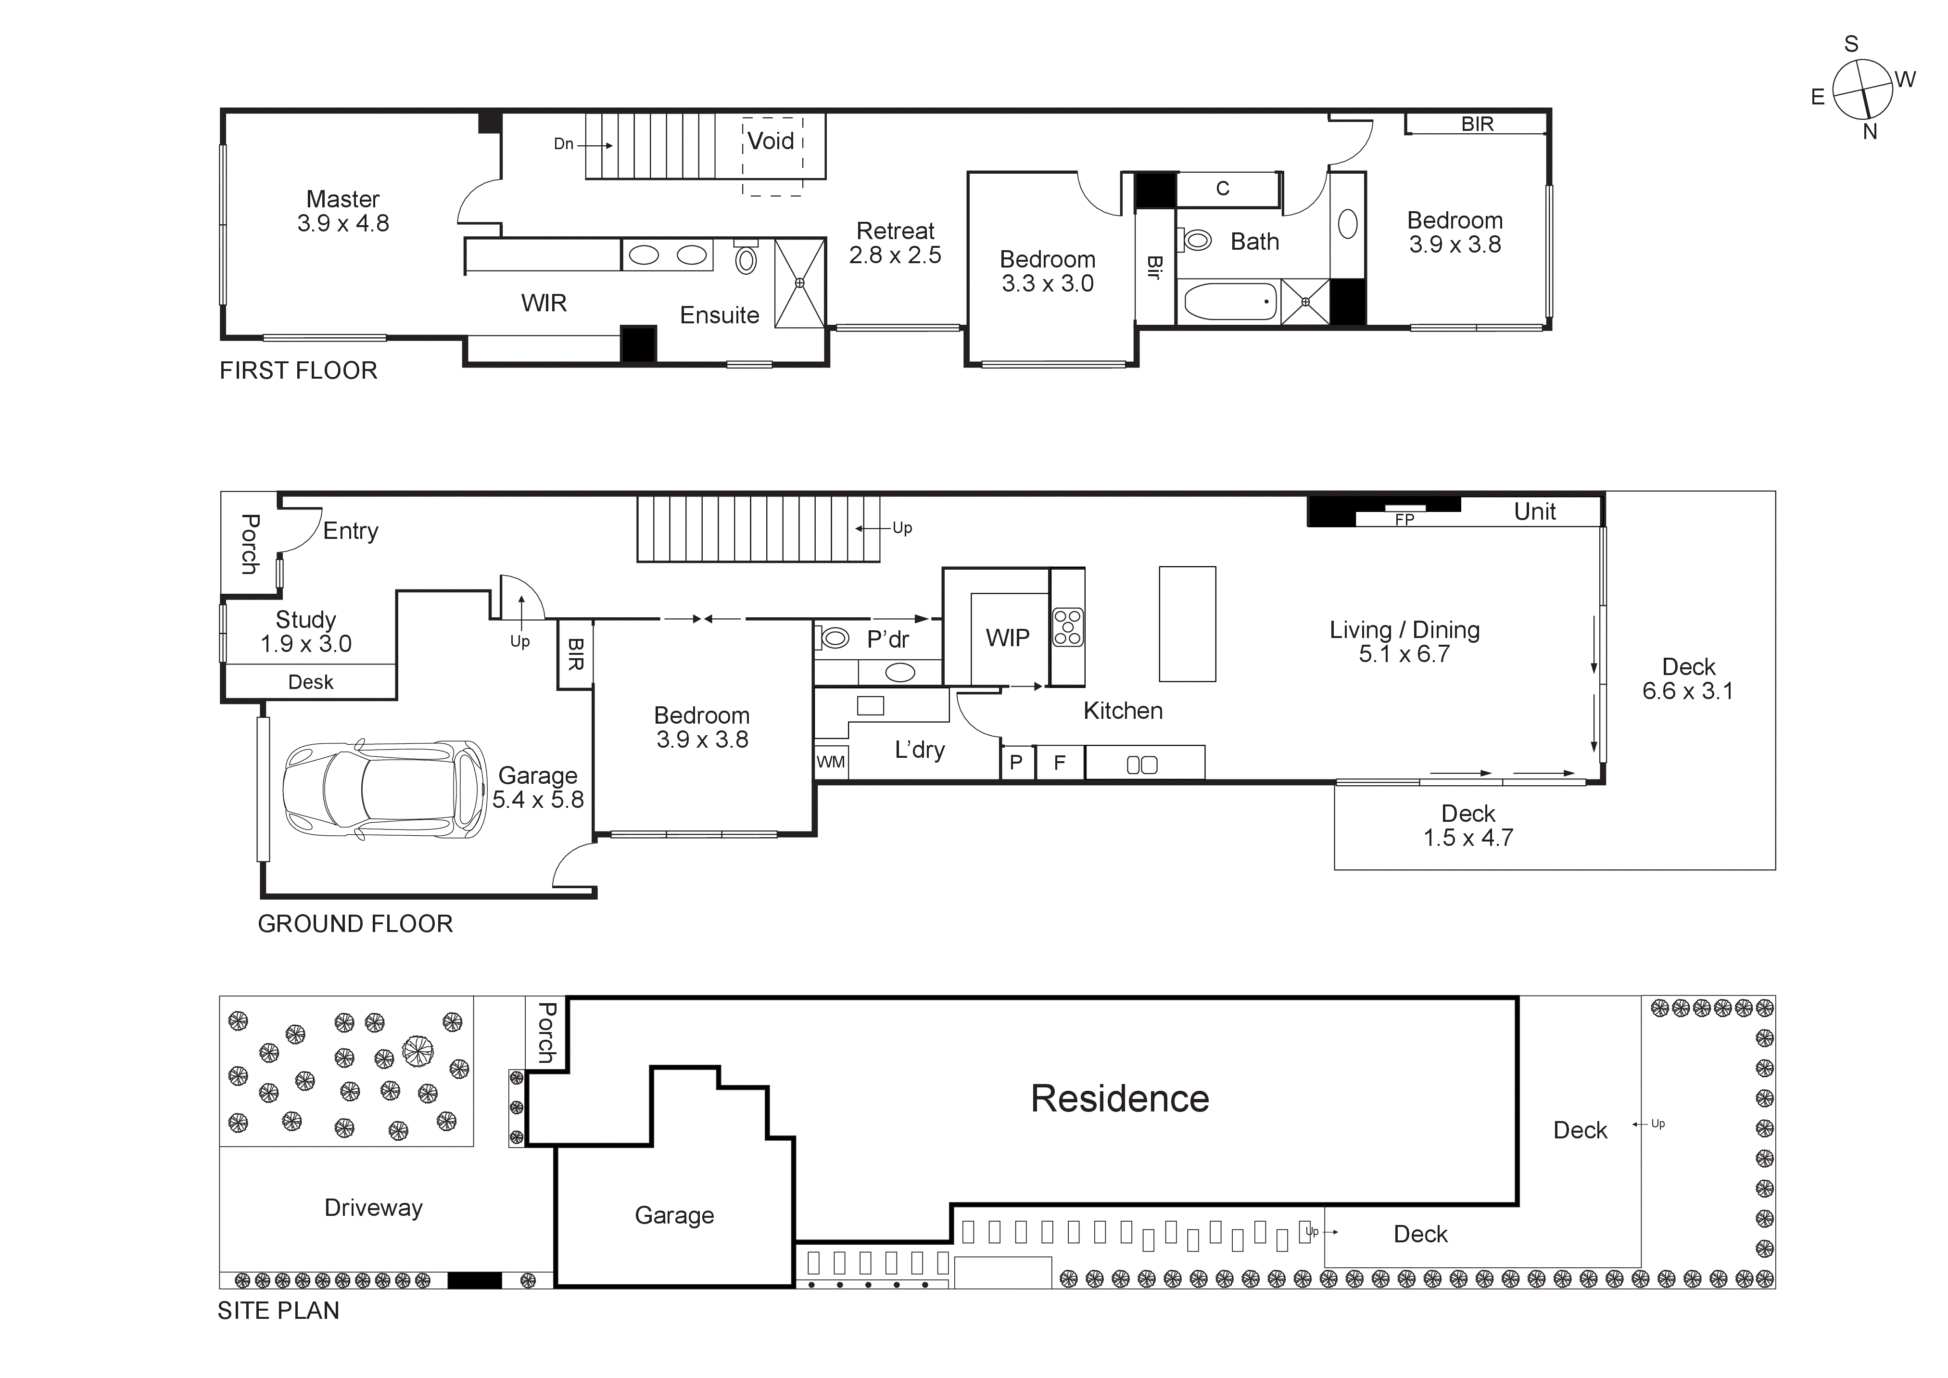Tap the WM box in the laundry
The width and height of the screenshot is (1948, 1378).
pyautogui.click(x=831, y=762)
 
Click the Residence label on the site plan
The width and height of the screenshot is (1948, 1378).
pyautogui.click(x=1119, y=1099)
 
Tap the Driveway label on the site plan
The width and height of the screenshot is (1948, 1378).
pyautogui.click(x=373, y=1208)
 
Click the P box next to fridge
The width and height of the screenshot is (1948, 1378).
pyautogui.click(x=1016, y=763)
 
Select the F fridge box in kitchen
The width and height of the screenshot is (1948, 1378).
pyautogui.click(x=1059, y=763)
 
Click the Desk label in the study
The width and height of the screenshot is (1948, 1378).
pyautogui.click(x=311, y=682)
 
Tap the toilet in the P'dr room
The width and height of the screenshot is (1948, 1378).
pyautogui.click(x=835, y=637)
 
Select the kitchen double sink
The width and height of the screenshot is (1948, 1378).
pyautogui.click(x=1142, y=765)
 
